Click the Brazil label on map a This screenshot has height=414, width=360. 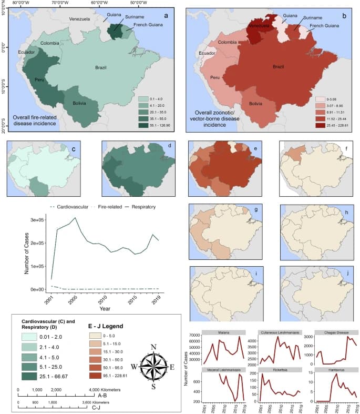pos(100,68)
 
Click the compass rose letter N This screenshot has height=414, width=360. pos(153,347)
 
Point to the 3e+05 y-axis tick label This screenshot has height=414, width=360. pos(36,220)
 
